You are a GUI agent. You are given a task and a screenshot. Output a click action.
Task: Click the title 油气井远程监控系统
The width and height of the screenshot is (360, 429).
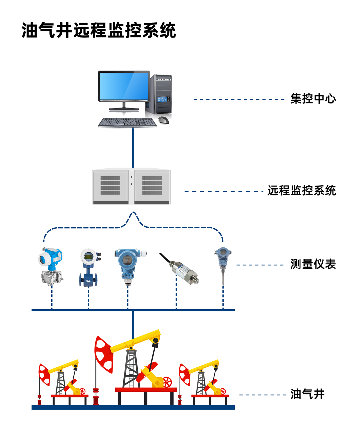(x=99, y=30)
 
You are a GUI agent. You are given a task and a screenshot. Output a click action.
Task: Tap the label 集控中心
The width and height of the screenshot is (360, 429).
(x=313, y=99)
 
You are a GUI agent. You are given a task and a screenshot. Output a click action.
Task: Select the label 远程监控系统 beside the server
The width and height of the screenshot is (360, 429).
(x=301, y=191)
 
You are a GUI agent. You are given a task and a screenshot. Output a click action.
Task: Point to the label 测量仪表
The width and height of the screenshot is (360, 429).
(x=313, y=264)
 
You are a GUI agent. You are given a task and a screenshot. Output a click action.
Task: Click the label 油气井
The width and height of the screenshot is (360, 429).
(x=307, y=394)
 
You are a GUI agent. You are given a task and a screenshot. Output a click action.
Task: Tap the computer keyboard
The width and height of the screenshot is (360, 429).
(x=127, y=122)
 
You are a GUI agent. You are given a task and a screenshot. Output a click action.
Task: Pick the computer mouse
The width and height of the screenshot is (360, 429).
(x=164, y=120)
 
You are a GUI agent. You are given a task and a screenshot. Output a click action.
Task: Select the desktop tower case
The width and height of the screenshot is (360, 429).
(x=160, y=95)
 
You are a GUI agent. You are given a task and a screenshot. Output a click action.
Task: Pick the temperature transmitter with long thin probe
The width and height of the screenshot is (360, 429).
(x=222, y=263)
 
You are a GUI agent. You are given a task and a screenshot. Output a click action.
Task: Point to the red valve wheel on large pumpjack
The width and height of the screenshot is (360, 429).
(x=167, y=382)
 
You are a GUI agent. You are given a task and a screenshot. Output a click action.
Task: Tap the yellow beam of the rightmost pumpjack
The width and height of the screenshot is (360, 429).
(x=204, y=366)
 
